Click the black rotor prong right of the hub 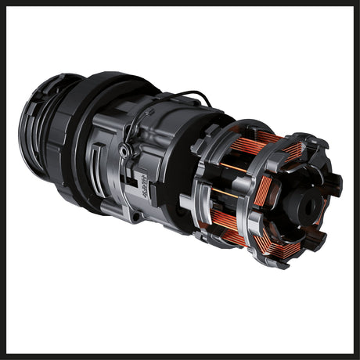333,185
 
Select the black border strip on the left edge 2,180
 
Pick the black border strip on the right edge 357,180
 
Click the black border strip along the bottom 180,357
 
